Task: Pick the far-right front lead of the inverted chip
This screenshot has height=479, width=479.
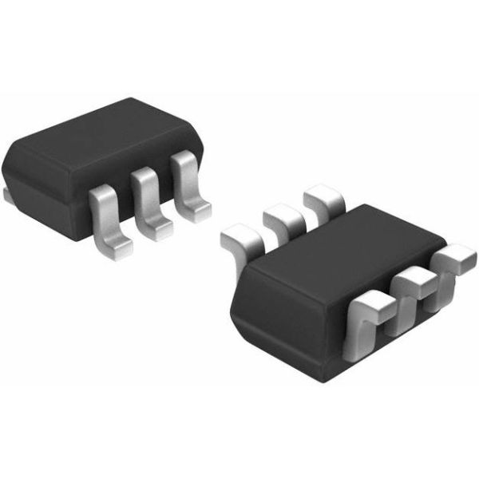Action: click(455, 260)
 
